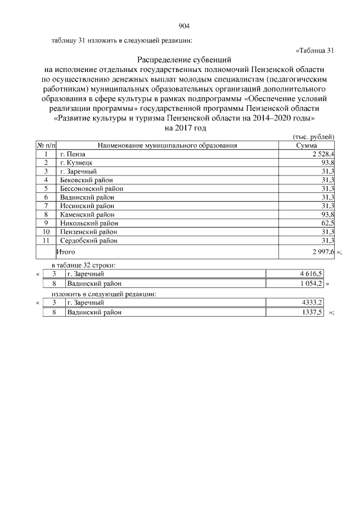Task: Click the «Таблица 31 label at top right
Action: pyautogui.click(x=315, y=50)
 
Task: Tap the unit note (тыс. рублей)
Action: pyautogui.click(x=314, y=137)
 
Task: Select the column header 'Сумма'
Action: pyautogui.click(x=307, y=145)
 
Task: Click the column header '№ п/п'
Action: pyautogui.click(x=45, y=145)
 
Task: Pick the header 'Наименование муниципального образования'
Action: pyautogui.click(x=167, y=145)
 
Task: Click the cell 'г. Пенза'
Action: pyautogui.click(x=71, y=154)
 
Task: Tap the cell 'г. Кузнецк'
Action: pyautogui.click(x=75, y=162)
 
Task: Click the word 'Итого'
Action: pyautogui.click(x=66, y=253)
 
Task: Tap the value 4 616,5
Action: pyautogui.click(x=311, y=274)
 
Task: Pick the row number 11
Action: pyautogui.click(x=45, y=241)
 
